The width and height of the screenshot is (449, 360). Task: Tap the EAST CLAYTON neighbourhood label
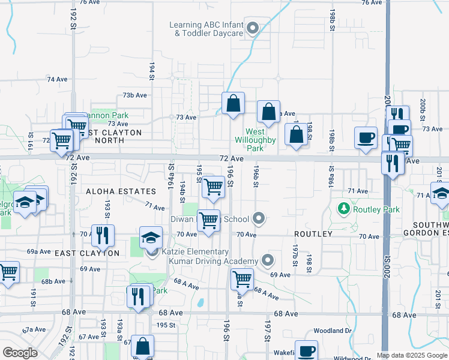pos(87,253)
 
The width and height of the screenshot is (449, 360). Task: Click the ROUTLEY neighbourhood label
pos(313,233)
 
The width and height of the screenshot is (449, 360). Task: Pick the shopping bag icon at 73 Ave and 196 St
pos(233,103)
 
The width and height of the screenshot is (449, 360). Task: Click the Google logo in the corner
pos(20,353)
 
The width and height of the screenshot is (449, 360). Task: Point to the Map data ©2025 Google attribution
pos(411,355)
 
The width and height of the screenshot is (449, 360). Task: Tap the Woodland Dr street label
pos(331,331)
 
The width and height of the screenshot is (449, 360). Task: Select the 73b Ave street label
pos(134,95)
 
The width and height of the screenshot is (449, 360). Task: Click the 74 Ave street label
pos(57,79)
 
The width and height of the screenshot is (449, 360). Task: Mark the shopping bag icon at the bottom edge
pos(143,346)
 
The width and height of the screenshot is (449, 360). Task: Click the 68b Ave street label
pos(53,281)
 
